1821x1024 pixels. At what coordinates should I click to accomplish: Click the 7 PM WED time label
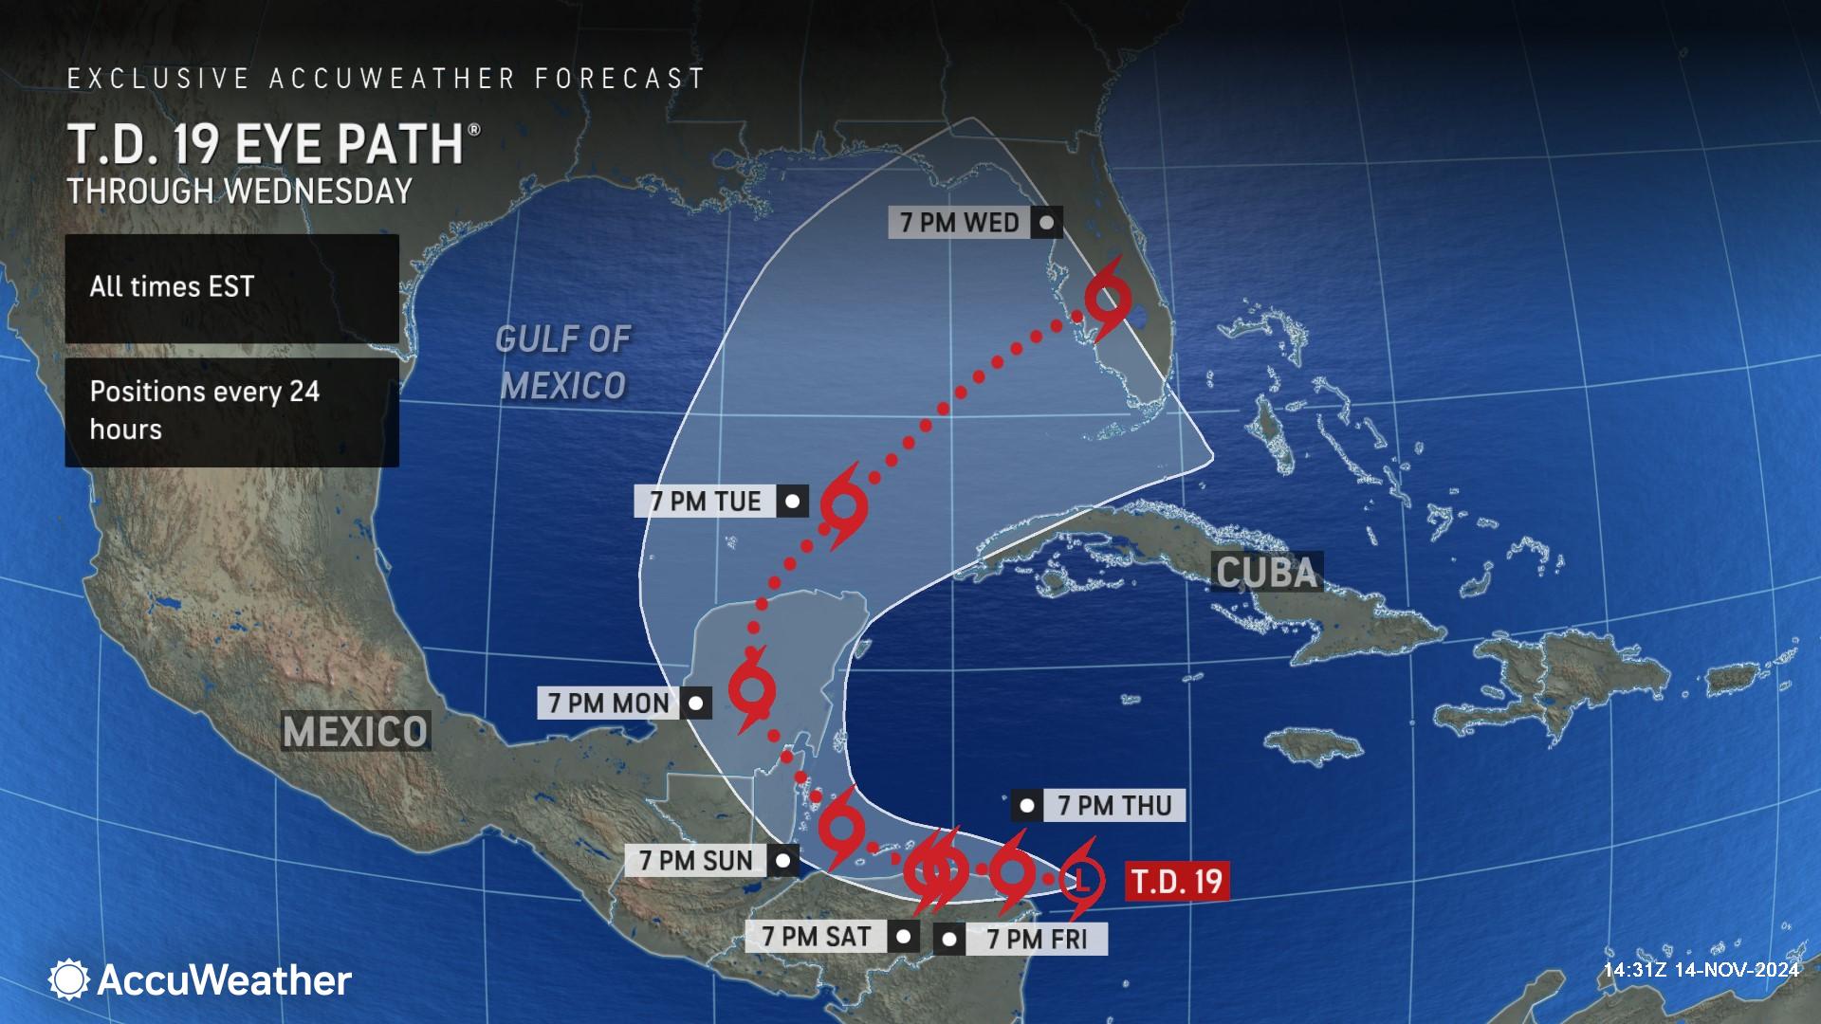point(959,223)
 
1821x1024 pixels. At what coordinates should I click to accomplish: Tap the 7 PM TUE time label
point(706,502)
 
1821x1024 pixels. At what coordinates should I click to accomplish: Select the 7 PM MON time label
point(608,704)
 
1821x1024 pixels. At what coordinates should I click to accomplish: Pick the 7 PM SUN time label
point(695,861)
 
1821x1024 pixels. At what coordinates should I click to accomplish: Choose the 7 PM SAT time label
point(817,937)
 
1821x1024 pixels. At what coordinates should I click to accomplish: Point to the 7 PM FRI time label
point(1035,940)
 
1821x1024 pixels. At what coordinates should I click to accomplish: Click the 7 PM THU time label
point(1114,806)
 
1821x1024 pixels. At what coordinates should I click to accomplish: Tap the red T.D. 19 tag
point(1177,881)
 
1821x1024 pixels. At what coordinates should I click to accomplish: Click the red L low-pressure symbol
point(1081,881)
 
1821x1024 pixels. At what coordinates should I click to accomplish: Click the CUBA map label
point(1265,573)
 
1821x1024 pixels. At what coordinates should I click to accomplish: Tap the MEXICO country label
point(356,731)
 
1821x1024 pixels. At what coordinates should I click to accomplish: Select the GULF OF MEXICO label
point(562,362)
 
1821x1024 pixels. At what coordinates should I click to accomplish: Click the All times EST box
point(231,288)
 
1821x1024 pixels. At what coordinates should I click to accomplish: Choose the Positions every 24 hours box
point(231,411)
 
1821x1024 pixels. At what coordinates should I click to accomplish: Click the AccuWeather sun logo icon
point(68,979)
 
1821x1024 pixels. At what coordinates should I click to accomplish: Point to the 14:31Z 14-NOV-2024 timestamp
point(1701,970)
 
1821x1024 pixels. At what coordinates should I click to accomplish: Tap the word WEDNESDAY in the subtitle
point(318,192)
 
